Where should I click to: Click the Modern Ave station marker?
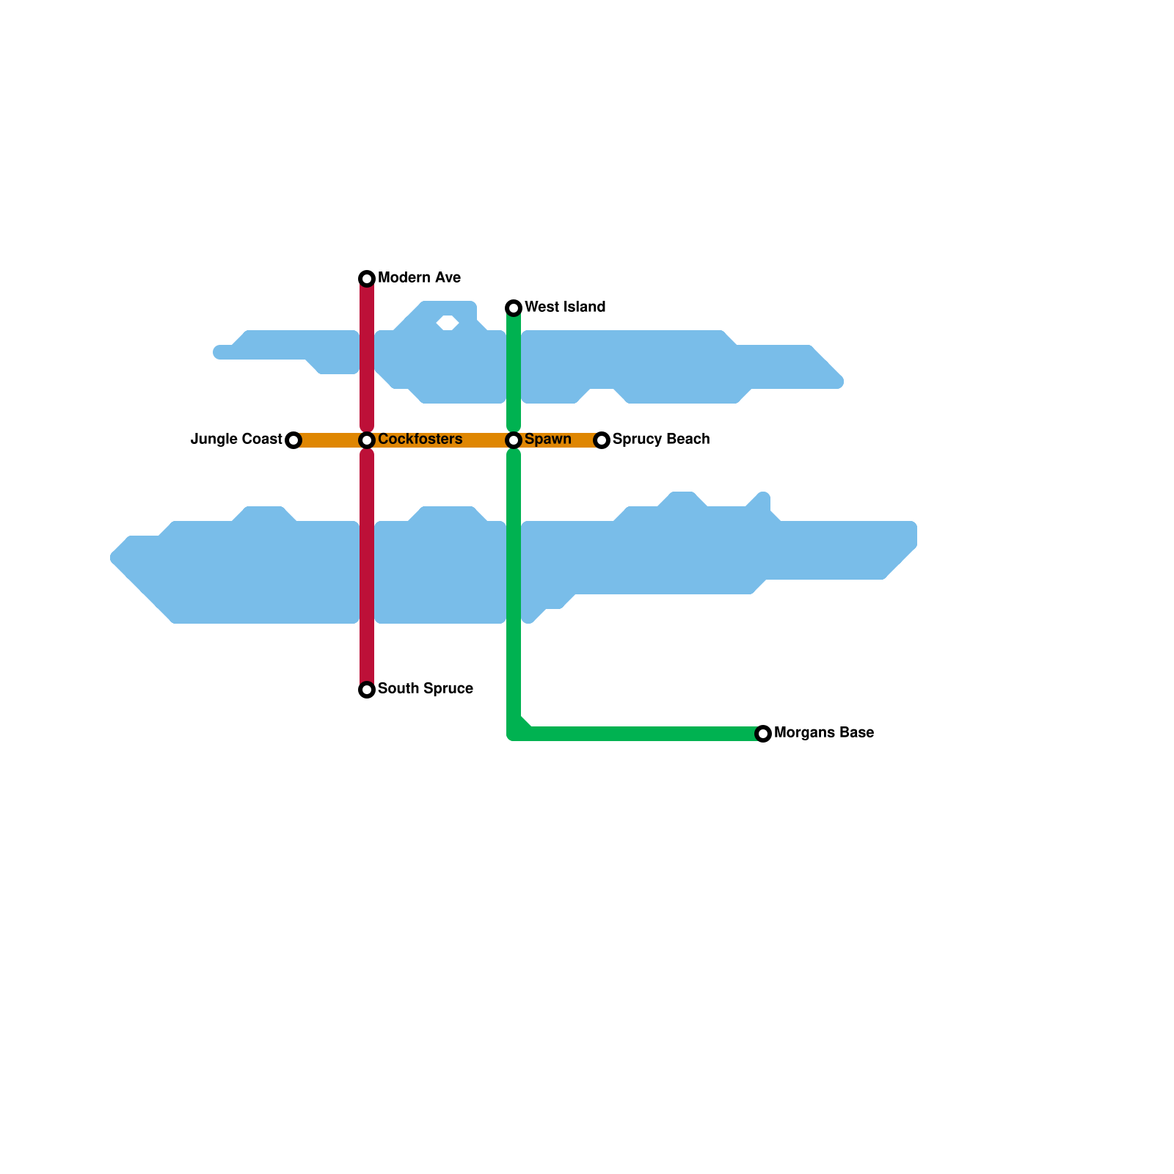(367, 279)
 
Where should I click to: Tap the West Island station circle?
(514, 308)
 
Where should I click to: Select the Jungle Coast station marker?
(293, 440)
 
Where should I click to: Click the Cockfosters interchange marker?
(367, 440)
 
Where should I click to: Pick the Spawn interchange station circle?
(514, 440)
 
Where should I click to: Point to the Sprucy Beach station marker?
(602, 440)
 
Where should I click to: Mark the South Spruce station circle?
(367, 690)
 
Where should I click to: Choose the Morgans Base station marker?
(763, 734)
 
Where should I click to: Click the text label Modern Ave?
(419, 278)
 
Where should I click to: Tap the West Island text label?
(565, 307)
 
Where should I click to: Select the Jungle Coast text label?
(236, 440)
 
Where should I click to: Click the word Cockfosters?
(420, 440)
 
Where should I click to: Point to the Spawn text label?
(547, 440)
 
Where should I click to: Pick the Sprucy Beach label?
(660, 440)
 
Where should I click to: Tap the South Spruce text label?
(425, 689)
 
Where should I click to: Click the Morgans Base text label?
(823, 733)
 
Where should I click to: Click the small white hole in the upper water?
(448, 323)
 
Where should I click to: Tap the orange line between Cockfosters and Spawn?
(440, 440)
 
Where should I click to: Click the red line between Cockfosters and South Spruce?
(367, 565)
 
